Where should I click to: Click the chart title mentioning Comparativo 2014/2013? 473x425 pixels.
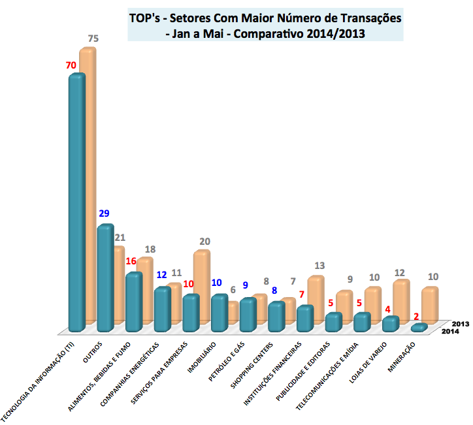(265, 26)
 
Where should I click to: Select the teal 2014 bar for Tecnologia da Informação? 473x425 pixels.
(77, 202)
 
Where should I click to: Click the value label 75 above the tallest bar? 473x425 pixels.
(93, 39)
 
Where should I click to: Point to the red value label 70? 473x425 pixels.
(71, 65)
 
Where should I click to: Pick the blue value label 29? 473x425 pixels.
(104, 213)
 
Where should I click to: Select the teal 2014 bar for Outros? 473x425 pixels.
(105, 277)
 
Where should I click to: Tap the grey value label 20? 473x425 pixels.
(204, 242)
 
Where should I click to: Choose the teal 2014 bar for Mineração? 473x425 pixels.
(419, 327)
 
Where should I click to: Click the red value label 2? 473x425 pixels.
(416, 316)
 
